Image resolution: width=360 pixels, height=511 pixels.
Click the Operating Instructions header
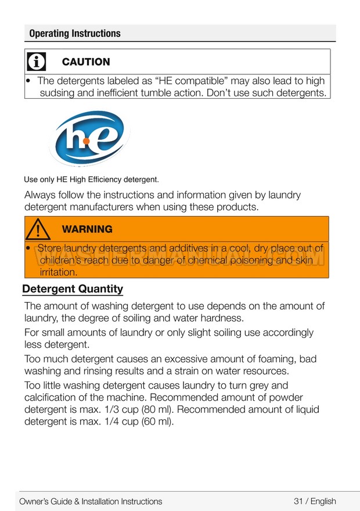click(75, 33)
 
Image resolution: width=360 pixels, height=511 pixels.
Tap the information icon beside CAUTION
click(37, 62)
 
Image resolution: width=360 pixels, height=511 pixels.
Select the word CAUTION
click(85, 62)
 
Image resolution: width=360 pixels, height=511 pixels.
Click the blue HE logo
click(89, 138)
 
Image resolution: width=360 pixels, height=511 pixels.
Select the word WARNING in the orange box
click(87, 229)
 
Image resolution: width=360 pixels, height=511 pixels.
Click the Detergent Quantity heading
click(73, 289)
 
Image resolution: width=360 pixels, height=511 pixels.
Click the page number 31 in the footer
click(299, 501)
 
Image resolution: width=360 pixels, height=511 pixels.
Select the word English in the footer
click(323, 501)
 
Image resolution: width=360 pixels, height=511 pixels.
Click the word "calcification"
click(52, 398)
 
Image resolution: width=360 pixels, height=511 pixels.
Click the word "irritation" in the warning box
click(58, 272)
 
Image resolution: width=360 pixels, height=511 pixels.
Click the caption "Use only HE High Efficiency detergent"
click(91, 179)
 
